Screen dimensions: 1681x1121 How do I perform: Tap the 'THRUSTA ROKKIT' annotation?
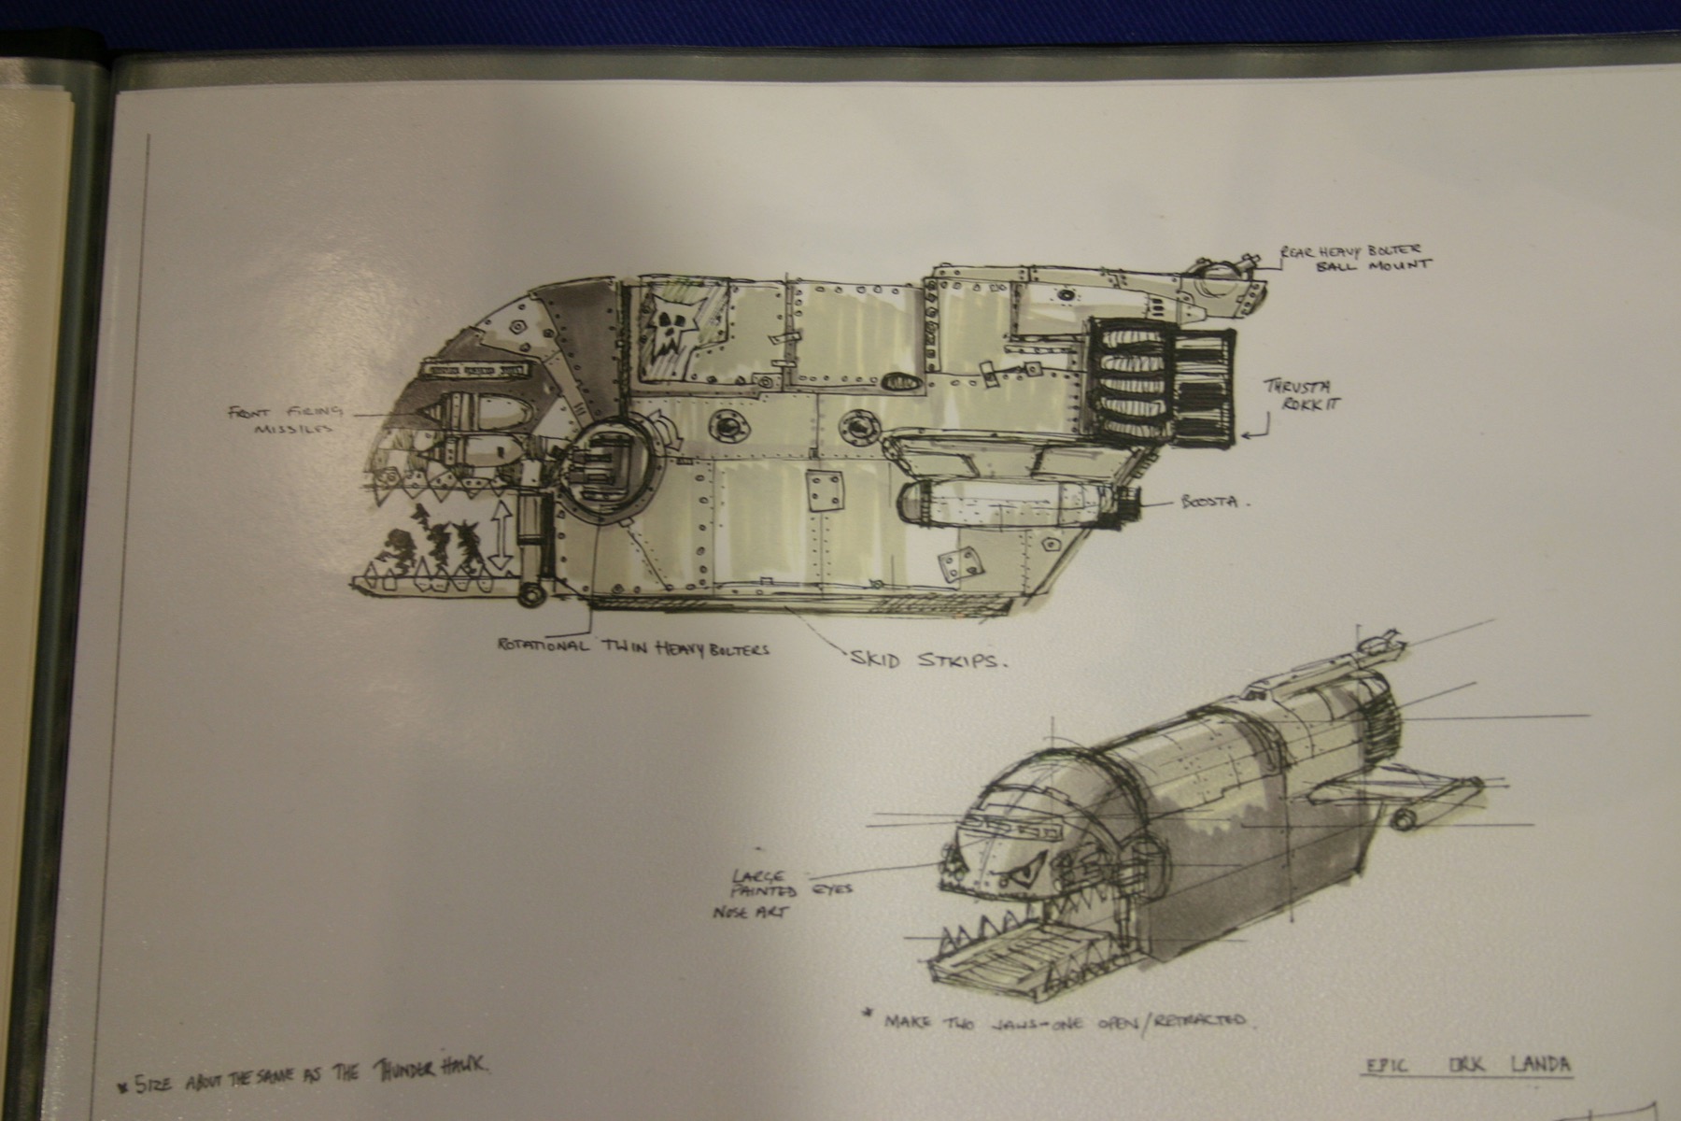(1298, 396)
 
